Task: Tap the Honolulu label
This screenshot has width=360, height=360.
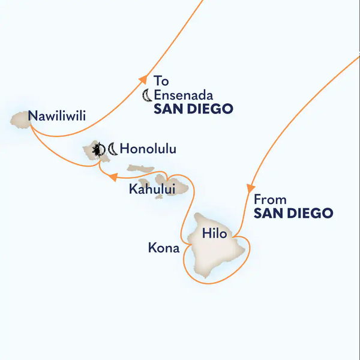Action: [x=148, y=148]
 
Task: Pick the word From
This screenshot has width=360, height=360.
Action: [x=269, y=199]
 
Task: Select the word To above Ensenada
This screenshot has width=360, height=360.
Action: [x=160, y=80]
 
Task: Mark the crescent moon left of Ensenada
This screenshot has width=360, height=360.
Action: [x=146, y=95]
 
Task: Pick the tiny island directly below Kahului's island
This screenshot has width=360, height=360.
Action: [x=158, y=197]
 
